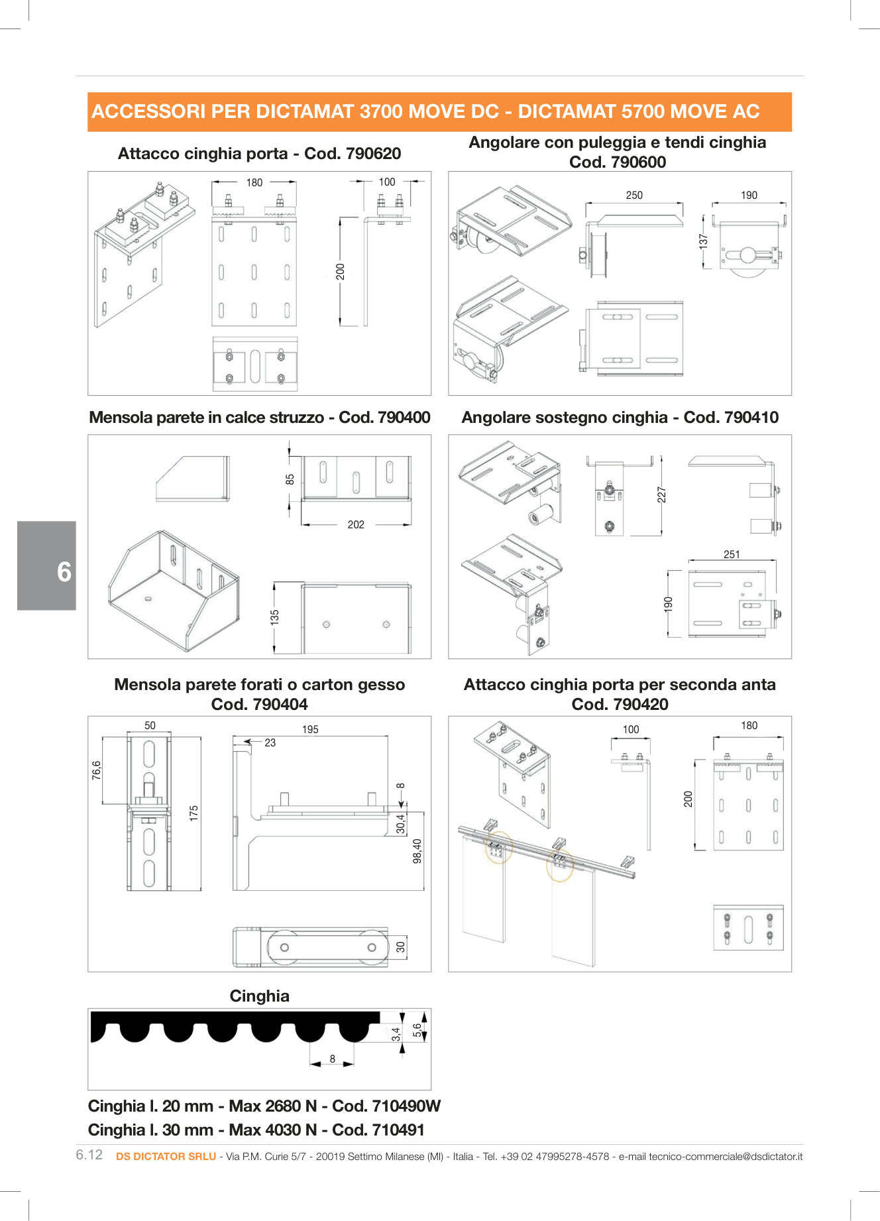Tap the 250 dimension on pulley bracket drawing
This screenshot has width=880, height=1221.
(634, 195)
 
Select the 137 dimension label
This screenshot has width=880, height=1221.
(703, 241)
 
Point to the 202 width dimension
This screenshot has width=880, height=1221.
(356, 524)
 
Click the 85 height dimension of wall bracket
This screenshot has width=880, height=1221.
(290, 479)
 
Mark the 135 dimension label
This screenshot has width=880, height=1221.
(274, 617)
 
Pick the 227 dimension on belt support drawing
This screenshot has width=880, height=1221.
(661, 494)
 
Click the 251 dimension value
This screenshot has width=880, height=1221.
(732, 554)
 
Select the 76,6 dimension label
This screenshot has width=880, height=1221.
(97, 770)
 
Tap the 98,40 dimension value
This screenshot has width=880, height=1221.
(417, 851)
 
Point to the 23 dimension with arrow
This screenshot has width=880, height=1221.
(270, 743)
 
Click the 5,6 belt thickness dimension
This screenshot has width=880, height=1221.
(417, 1030)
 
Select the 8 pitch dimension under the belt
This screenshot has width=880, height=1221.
(333, 1059)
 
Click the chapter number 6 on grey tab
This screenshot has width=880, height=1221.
(64, 571)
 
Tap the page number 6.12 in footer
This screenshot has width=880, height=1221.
(89, 1155)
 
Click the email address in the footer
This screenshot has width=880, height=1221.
(726, 1156)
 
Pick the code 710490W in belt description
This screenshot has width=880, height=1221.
(406, 1106)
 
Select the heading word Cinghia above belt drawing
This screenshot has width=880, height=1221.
(259, 996)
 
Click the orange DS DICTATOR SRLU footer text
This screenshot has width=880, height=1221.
(166, 1156)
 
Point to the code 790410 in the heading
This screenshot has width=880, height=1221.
(751, 418)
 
